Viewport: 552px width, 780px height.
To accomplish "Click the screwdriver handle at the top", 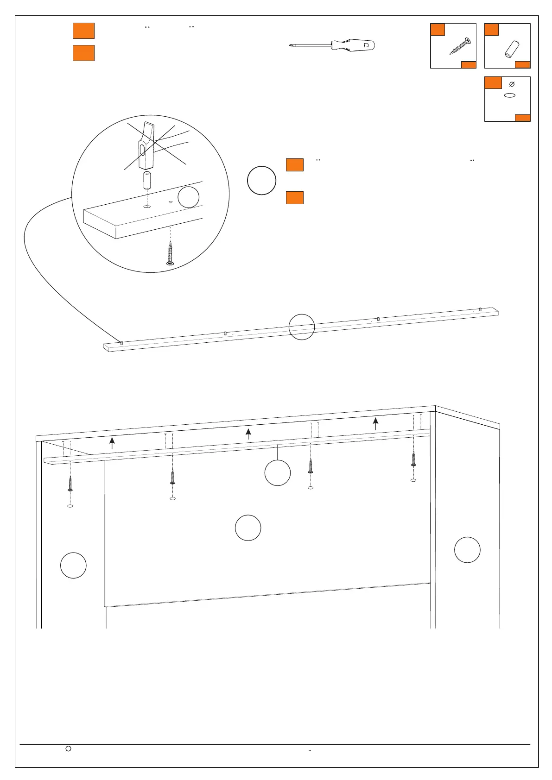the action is [354, 45].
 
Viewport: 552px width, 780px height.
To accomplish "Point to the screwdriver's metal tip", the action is [291, 45].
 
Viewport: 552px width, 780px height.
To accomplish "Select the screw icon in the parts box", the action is [459, 47].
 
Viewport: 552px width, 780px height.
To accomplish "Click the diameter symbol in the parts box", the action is [512, 84].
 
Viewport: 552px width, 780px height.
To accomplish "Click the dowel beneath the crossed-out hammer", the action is [147, 180].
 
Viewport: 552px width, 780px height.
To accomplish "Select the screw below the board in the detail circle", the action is [171, 253].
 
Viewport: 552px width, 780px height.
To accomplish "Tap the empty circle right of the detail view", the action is [262, 180].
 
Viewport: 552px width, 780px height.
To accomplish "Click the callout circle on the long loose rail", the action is [302, 327].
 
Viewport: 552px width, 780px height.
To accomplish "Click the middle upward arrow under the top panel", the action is [248, 434].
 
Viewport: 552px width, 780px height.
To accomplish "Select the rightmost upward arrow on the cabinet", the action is [375, 423].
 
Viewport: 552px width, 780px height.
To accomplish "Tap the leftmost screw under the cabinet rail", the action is [70, 484].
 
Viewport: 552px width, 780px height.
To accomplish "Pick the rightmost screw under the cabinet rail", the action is [413, 459].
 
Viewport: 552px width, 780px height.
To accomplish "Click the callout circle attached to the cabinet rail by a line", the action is [278, 473].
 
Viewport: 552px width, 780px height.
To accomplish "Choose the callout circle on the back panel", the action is [248, 528].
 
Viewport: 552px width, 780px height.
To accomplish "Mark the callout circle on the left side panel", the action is [74, 565].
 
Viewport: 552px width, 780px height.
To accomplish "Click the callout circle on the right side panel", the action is [467, 550].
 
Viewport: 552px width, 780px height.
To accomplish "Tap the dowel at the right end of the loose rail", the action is [481, 309].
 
